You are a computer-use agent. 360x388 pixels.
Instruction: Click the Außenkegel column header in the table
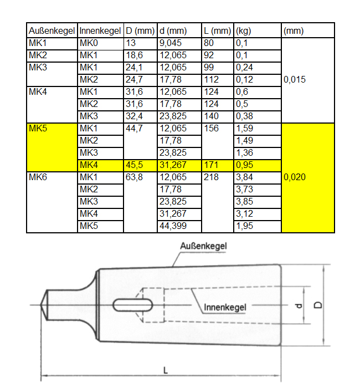tap(52, 31)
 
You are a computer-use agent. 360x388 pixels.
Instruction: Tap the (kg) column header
tap(244, 31)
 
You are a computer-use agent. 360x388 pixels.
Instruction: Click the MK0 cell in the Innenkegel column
tap(89, 43)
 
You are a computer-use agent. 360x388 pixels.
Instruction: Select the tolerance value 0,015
tap(295, 80)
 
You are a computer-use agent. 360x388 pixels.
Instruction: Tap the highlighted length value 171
tap(212, 165)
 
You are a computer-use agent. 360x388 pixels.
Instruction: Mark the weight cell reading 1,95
tap(244, 226)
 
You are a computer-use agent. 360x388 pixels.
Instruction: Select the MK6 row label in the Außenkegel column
tap(38, 177)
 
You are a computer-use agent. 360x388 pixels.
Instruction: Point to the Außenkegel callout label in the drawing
tap(204, 246)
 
